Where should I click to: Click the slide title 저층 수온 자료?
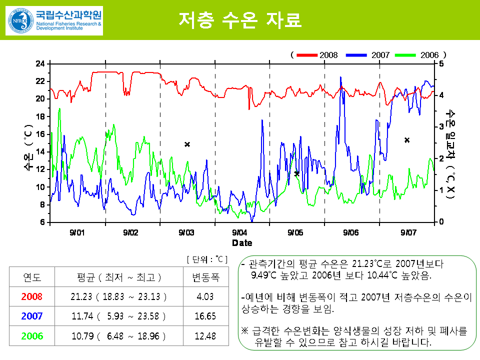click(x=239, y=19)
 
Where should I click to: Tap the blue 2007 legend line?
click(x=355, y=54)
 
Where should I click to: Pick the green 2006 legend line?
click(x=405, y=54)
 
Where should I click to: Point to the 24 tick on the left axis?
click(x=40, y=63)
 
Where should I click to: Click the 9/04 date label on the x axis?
click(x=239, y=232)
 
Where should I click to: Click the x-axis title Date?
click(x=242, y=243)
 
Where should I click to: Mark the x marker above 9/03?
click(x=187, y=144)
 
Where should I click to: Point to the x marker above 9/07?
click(x=407, y=140)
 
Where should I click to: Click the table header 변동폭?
click(x=205, y=277)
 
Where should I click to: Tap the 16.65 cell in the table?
click(x=205, y=316)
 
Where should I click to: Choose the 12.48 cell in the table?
click(x=205, y=336)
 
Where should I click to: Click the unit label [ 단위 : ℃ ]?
click(x=207, y=259)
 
